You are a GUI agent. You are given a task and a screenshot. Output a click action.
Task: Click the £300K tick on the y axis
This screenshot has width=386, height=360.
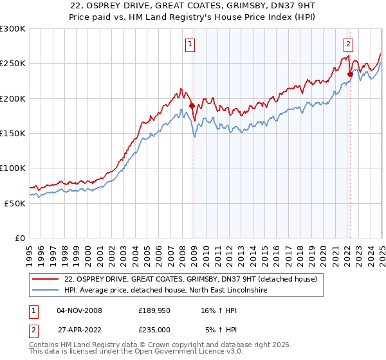[13, 29]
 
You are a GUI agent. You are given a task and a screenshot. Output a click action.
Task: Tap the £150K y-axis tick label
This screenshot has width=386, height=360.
[13, 134]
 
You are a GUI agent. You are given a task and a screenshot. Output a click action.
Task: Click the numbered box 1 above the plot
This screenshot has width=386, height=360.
[192, 44]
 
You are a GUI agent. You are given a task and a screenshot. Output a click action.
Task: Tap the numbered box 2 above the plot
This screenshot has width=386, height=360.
[348, 44]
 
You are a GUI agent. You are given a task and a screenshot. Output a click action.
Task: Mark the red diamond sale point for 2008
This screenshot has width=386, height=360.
[192, 105]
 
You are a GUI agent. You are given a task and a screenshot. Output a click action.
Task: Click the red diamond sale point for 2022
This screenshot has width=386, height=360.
[350, 74]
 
